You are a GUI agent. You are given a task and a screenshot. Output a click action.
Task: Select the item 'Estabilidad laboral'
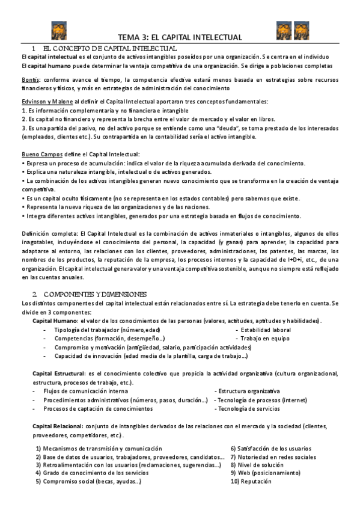coord(266,330)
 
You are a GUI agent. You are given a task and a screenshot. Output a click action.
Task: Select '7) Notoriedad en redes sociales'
coord(273,457)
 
